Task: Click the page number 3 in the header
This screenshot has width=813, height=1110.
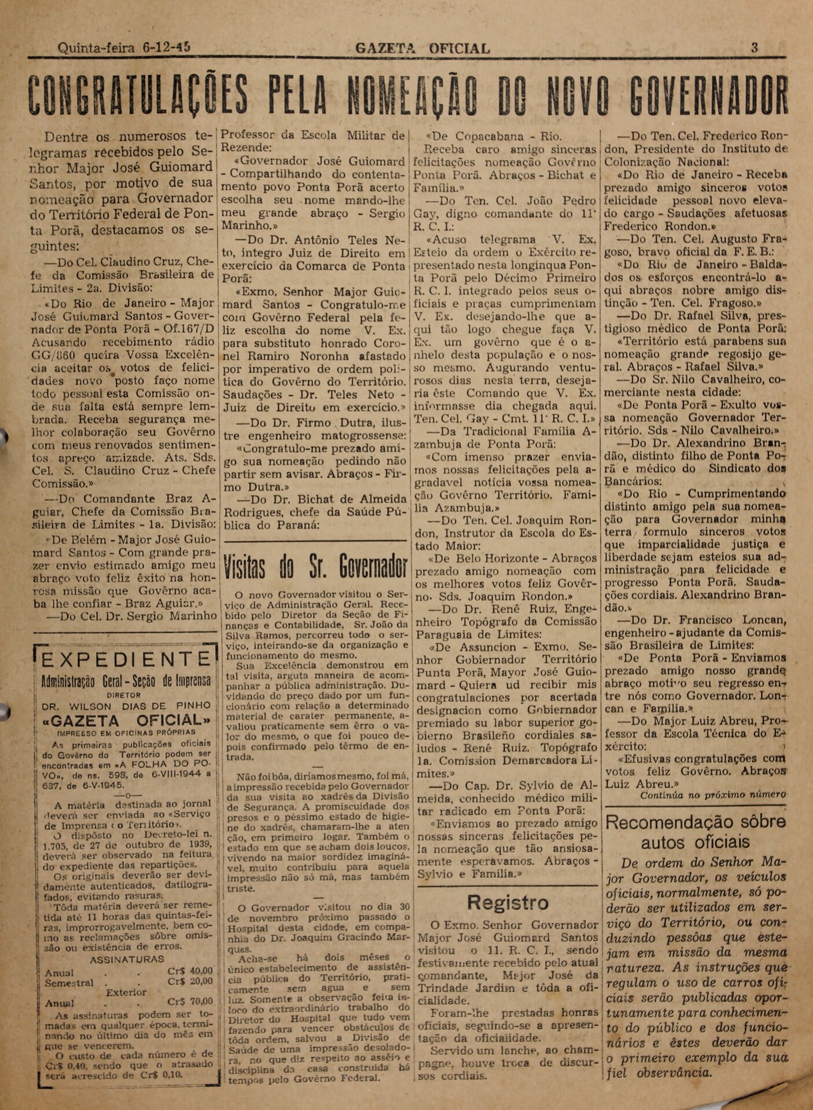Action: (755, 48)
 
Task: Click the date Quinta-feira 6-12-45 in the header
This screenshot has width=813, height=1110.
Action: (124, 48)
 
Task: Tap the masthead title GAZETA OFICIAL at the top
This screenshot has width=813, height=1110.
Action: (422, 49)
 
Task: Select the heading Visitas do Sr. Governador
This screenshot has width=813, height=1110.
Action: (315, 568)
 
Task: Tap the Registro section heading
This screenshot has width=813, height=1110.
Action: (507, 903)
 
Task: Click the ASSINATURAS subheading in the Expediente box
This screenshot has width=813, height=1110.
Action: (127, 959)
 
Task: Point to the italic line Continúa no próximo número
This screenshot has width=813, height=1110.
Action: (712, 795)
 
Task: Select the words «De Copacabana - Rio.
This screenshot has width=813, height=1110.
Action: (494, 137)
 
